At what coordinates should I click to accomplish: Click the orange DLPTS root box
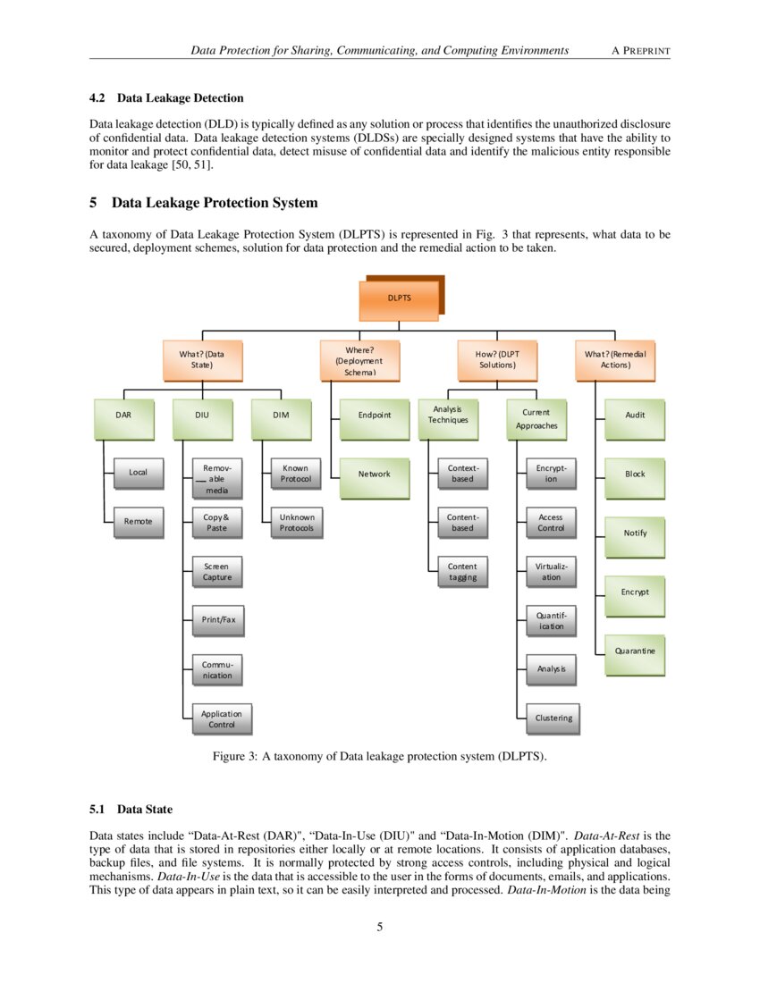pos(399,298)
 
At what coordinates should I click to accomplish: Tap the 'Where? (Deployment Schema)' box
pos(359,359)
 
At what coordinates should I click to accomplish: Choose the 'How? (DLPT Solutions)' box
pos(496,359)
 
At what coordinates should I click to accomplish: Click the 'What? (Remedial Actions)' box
pos(614,359)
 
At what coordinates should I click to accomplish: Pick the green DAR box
pos(122,416)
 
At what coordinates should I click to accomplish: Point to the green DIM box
pos(280,416)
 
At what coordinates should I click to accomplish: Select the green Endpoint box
pos(374,416)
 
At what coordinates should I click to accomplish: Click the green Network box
pos(374,475)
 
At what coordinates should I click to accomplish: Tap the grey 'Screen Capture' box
pos(216,572)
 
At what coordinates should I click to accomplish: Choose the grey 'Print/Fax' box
pos(217,619)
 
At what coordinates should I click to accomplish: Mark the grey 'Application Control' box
pos(221,719)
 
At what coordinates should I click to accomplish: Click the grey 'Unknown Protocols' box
pos(296,523)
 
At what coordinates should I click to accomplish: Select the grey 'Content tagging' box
pos(462,572)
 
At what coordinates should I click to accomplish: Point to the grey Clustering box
pos(553,718)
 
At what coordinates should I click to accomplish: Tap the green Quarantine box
pos(634,651)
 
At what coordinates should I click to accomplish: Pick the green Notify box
pos(634,534)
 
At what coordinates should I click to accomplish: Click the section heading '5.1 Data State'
pos(131,810)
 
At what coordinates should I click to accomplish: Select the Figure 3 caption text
pos(379,757)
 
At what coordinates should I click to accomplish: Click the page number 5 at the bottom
pos(380,927)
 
